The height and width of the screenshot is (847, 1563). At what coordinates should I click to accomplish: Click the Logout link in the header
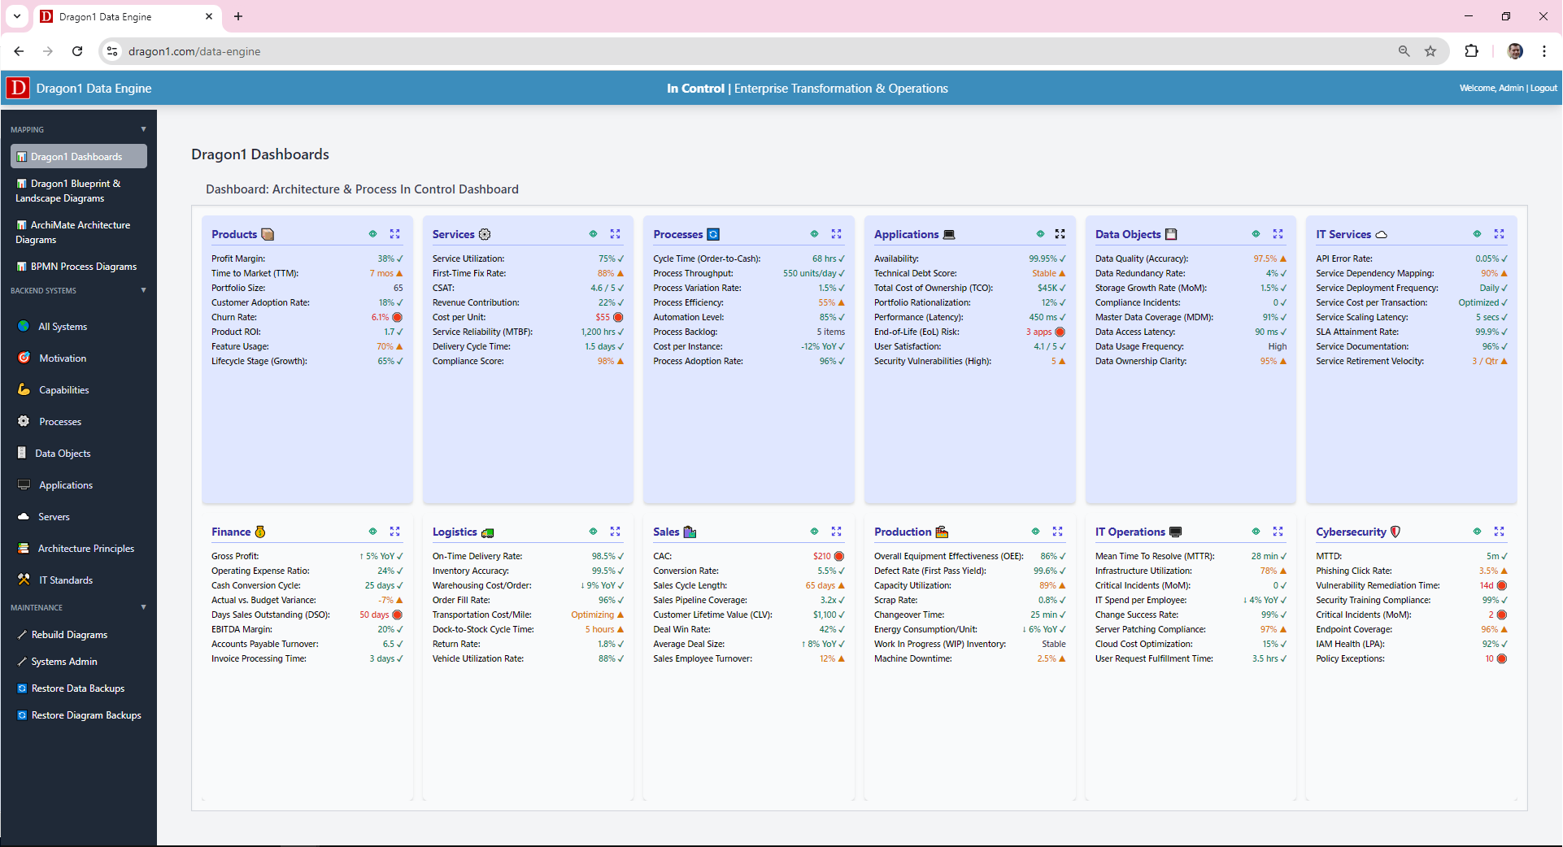tap(1543, 88)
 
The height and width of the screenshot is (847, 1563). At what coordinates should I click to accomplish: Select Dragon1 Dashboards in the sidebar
tap(76, 157)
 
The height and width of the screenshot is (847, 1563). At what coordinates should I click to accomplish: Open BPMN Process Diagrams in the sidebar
tap(83, 267)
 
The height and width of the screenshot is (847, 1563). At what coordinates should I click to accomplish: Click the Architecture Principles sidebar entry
tap(85, 549)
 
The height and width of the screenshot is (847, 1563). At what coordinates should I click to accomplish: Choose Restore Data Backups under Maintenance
tap(77, 688)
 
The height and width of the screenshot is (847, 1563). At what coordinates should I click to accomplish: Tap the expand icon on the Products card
tap(394, 234)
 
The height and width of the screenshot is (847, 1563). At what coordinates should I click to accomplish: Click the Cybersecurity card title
tap(1351, 532)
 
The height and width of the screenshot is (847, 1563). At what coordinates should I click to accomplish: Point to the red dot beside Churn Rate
tap(398, 317)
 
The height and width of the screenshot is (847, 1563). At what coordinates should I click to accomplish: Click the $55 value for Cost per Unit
tap(602, 317)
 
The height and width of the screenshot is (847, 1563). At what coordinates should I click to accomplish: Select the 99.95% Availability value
tap(1042, 258)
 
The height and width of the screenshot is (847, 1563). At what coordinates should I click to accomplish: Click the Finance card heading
tap(231, 532)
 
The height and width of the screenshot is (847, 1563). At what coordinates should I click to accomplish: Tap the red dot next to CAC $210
tap(839, 556)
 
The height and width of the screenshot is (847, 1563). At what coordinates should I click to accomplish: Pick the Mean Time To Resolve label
tap(1154, 556)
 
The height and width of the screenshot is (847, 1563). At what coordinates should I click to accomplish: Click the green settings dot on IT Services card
tap(1477, 234)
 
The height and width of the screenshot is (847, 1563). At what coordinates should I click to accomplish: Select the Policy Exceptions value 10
tap(1489, 658)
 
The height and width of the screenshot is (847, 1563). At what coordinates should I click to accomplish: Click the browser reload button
tap(77, 51)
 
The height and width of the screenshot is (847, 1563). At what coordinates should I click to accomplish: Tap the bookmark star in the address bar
tap(1430, 51)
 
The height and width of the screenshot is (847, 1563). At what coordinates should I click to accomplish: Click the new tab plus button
tap(238, 16)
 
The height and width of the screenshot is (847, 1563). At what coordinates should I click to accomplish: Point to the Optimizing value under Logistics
tap(592, 615)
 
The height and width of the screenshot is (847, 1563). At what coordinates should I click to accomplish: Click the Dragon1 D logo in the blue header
tap(18, 88)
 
